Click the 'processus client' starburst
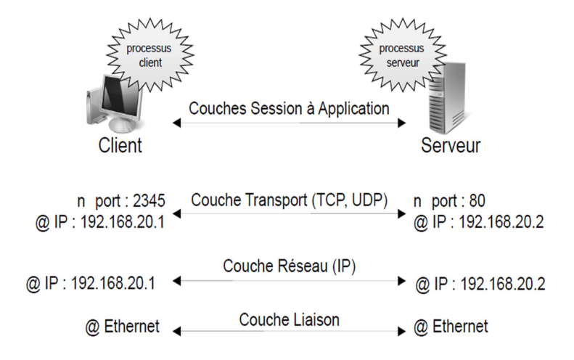click(x=150, y=55)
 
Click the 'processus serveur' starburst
click(x=402, y=55)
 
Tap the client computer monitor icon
click(x=113, y=104)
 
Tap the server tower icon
click(x=447, y=98)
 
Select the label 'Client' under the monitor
click(x=120, y=145)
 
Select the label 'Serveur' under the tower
click(x=451, y=145)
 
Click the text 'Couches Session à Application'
click(x=289, y=109)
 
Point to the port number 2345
click(x=149, y=201)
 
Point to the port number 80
click(x=477, y=201)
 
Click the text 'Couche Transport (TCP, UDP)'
click(x=290, y=200)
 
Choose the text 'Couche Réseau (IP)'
click(x=290, y=266)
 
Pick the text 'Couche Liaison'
click(x=290, y=319)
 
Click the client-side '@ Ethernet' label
click(x=122, y=327)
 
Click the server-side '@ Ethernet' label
click(x=451, y=327)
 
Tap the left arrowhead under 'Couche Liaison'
click(x=177, y=331)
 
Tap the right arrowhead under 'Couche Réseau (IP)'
click(x=401, y=281)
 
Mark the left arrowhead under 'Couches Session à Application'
click(x=177, y=123)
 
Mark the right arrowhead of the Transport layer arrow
click(x=401, y=213)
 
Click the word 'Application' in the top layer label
click(x=353, y=109)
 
